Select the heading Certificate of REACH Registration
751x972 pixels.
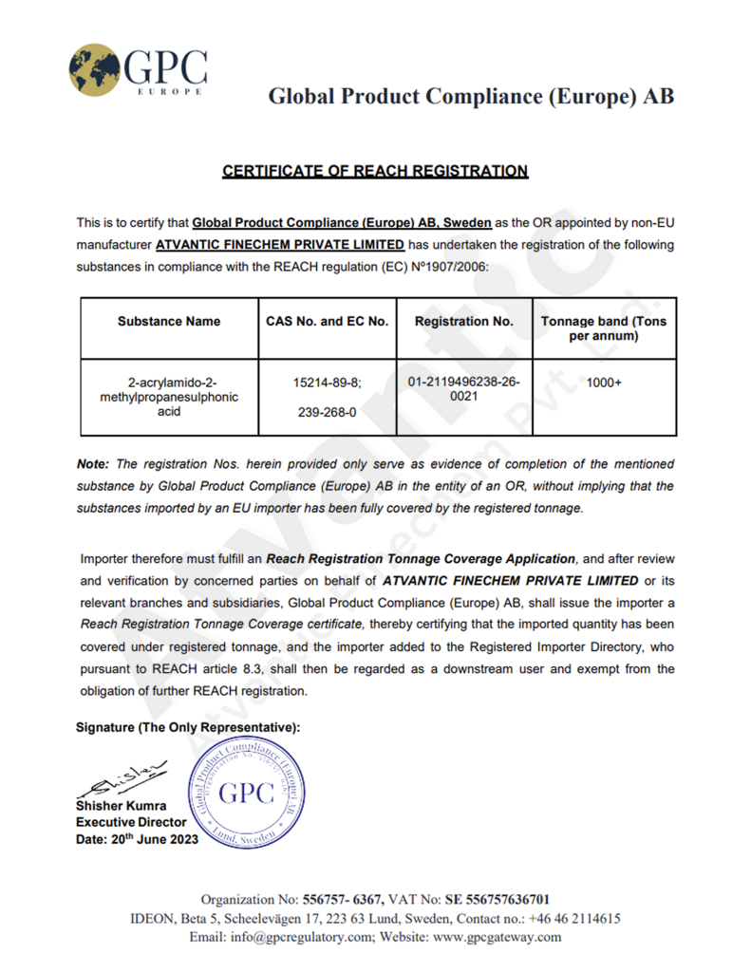(x=375, y=171)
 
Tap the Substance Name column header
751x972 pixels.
(x=169, y=322)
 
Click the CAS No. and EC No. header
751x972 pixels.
(x=328, y=322)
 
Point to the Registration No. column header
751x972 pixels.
(x=464, y=322)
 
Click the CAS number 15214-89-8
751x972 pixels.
(x=328, y=382)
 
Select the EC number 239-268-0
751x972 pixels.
(x=328, y=413)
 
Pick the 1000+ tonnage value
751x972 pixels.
(x=604, y=382)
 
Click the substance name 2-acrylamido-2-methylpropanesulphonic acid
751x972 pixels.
(x=169, y=397)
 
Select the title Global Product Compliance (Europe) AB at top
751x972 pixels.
(x=471, y=96)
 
